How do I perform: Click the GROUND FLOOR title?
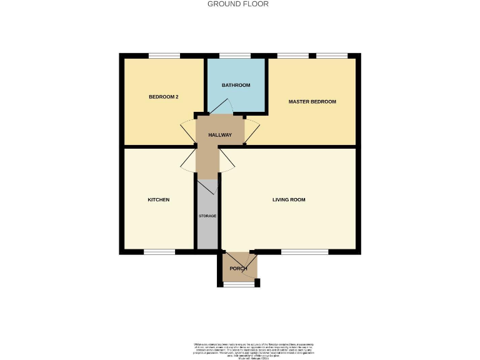(238, 4)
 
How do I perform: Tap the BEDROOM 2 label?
(164, 97)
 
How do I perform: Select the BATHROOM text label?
(236, 85)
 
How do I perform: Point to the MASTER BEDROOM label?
(312, 101)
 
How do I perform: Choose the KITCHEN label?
(158, 200)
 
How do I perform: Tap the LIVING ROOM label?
(289, 200)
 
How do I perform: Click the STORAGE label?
(207, 216)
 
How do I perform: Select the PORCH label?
(238, 268)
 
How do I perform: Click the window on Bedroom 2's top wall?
(164, 56)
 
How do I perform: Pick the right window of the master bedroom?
(331, 56)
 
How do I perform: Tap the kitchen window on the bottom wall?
(159, 252)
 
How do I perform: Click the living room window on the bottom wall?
(304, 252)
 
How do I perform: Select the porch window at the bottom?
(239, 284)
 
